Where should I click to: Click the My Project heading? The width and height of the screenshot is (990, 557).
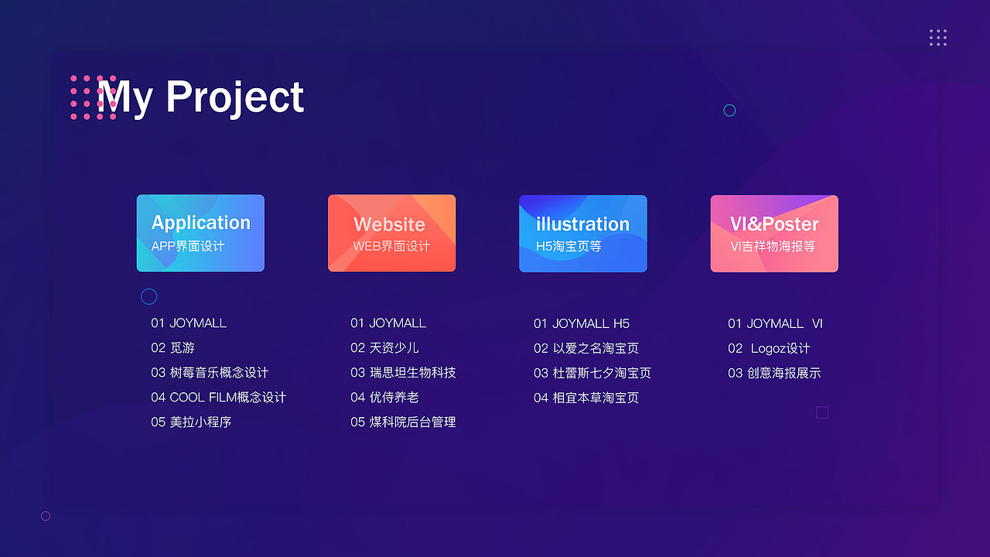point(200,97)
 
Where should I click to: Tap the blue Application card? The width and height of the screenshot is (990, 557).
point(200,233)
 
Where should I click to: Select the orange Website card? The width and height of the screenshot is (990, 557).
point(391,233)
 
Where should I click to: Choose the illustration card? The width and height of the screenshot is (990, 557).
point(583,234)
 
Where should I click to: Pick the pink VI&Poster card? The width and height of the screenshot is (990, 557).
point(774,234)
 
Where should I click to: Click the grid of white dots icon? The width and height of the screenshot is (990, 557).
point(938,38)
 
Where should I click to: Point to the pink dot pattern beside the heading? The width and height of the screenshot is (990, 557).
point(94,97)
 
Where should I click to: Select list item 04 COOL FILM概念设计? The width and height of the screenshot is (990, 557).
point(218,398)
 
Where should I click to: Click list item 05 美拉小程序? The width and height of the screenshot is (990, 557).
point(191,422)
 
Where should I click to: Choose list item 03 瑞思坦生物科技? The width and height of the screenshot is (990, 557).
point(403,373)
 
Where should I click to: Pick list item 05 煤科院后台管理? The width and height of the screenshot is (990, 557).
point(403,422)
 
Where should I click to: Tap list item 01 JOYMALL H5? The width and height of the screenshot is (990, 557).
point(581,323)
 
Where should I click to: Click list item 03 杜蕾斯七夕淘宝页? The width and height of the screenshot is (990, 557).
point(592,373)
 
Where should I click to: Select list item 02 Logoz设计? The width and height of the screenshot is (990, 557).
point(769,348)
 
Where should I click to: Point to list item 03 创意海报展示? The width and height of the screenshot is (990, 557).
point(774,373)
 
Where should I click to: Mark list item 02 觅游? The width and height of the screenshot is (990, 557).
point(172,348)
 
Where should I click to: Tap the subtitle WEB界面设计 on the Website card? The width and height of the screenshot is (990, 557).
point(391,246)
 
